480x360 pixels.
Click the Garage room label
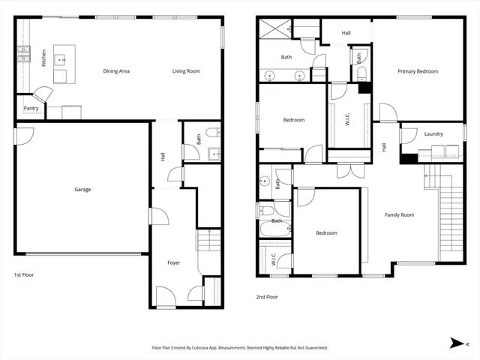coord(82,190)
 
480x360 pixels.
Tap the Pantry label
coord(31,109)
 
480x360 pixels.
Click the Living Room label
coord(186,71)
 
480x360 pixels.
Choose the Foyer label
coord(173,262)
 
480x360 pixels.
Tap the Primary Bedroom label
coord(418,71)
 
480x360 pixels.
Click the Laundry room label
coord(433,134)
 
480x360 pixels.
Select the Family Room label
coord(400,215)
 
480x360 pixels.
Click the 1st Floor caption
coord(24,275)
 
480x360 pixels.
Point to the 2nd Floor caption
coord(267,297)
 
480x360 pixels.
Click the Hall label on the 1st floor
coord(163,157)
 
